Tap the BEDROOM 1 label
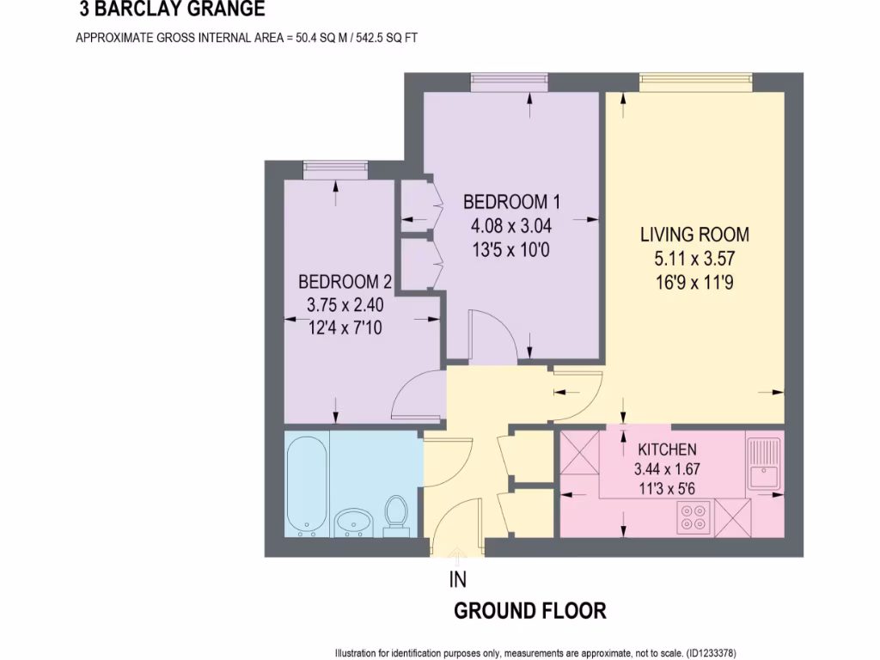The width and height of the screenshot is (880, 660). (x=511, y=202)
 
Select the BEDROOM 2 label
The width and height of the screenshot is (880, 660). (x=345, y=282)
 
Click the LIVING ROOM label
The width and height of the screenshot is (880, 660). (x=694, y=234)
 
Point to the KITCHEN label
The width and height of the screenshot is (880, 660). (x=667, y=449)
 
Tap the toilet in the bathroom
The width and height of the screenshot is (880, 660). (x=396, y=514)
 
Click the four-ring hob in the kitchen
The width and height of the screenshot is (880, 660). (x=694, y=516)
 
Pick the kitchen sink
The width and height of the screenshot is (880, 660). (x=762, y=464)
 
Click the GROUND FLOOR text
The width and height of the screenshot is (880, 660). (x=529, y=611)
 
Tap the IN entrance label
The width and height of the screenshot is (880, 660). (x=458, y=580)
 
